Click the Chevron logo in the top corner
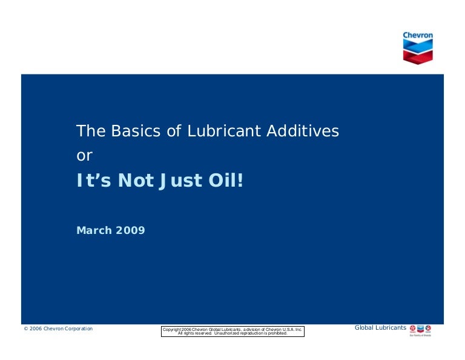418,48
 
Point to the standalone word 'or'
84,156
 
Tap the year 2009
131,230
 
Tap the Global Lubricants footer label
380,328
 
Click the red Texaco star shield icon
414,328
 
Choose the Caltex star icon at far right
429,328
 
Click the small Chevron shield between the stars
421,328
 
